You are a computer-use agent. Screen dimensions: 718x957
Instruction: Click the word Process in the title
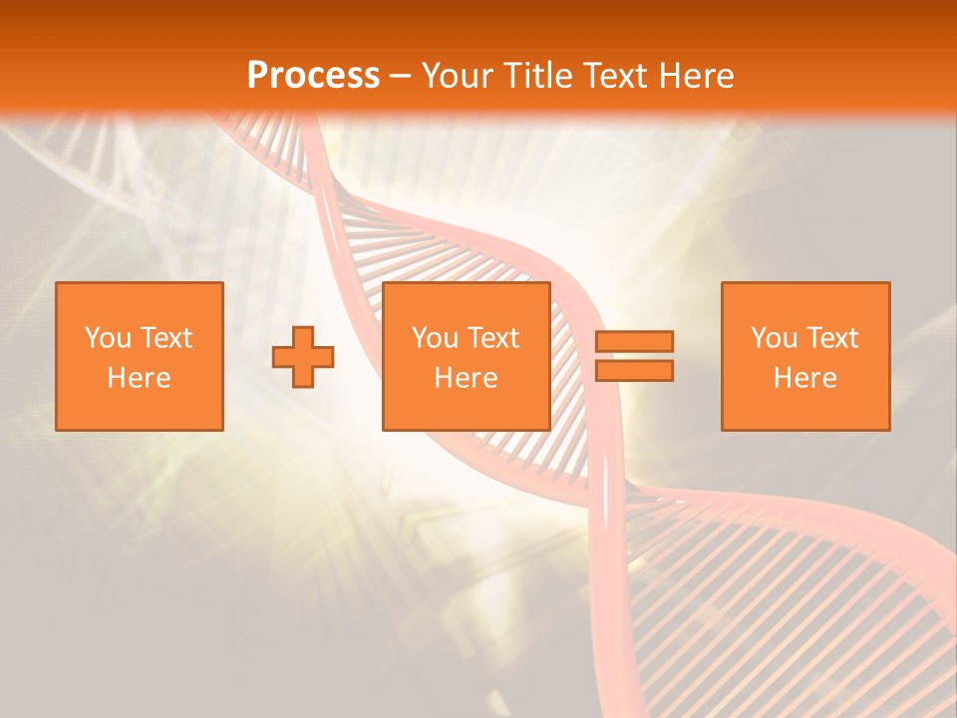(x=313, y=76)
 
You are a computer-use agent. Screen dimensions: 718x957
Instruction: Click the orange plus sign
(x=303, y=357)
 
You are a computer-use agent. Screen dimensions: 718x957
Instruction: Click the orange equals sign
(x=634, y=356)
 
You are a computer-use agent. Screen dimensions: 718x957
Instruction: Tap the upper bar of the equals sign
(x=634, y=341)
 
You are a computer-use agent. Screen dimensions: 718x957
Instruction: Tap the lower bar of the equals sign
(x=634, y=371)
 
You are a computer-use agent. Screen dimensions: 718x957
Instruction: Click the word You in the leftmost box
(x=107, y=338)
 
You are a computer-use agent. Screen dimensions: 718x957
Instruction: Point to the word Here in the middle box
(x=467, y=378)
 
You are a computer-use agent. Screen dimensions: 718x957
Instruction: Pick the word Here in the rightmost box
(x=805, y=378)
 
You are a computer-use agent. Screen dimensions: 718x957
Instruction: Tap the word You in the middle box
(x=434, y=338)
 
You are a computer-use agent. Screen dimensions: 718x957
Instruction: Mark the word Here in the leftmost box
(x=140, y=378)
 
